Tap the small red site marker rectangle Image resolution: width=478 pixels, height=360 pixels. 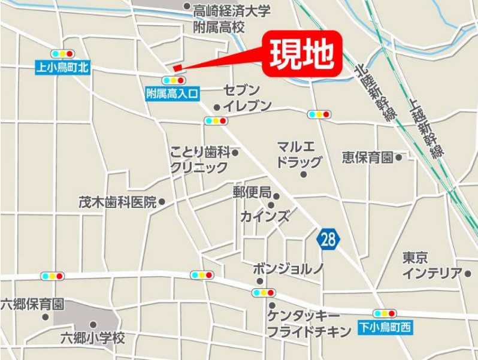click(177, 68)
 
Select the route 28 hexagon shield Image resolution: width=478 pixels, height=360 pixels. click(328, 240)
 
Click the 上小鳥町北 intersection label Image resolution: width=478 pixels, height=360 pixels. click(62, 68)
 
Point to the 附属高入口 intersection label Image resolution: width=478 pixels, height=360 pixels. click(172, 93)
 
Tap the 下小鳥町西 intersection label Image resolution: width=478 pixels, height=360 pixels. click(385, 327)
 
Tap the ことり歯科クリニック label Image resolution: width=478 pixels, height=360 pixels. click(199, 159)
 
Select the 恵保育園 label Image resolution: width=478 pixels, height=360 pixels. click(368, 158)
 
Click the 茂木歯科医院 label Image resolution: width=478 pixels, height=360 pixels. click(117, 202)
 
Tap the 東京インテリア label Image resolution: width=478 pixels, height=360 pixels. click(432, 265)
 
